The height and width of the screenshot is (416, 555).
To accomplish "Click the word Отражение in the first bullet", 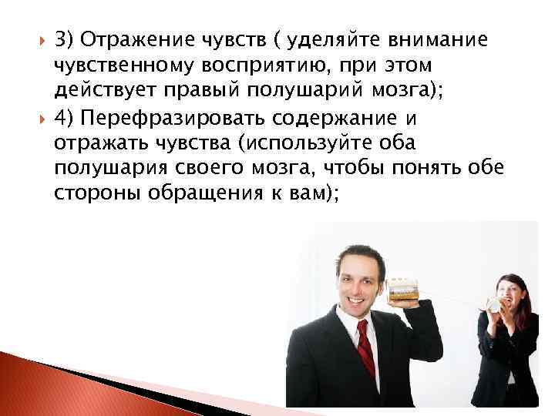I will [x=135, y=40].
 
